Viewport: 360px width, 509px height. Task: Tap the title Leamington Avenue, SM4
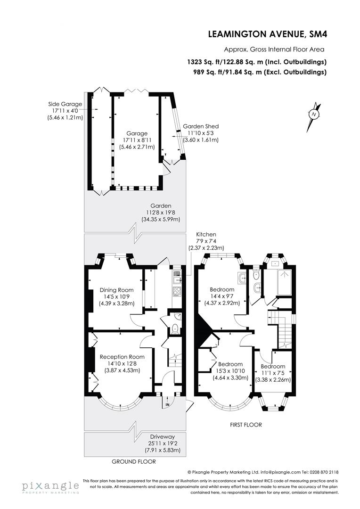[267, 34]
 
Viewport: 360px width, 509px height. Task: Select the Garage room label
[136, 140]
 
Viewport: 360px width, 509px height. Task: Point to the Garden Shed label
[201, 133]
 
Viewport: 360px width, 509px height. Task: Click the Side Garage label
[65, 111]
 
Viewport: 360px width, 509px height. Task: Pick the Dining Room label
[116, 296]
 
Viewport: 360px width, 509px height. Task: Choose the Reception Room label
[122, 363]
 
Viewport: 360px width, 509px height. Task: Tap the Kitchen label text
[206, 241]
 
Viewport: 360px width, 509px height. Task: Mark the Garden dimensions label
[161, 213]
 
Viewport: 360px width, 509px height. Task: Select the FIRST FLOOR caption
[245, 425]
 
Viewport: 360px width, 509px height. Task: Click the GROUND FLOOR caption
[133, 462]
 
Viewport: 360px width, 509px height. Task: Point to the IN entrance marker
[167, 404]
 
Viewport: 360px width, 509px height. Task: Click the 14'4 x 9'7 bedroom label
[222, 296]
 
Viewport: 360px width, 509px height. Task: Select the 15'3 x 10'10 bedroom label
[230, 371]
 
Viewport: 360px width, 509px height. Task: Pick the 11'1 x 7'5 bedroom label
[273, 373]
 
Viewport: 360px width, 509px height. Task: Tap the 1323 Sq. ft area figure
[256, 62]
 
